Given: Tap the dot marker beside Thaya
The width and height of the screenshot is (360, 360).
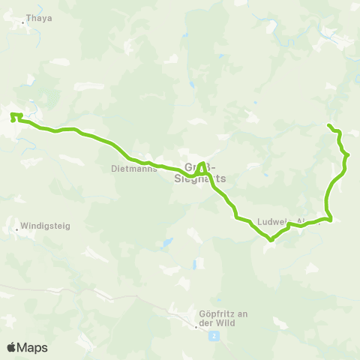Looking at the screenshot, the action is click(x=23, y=22).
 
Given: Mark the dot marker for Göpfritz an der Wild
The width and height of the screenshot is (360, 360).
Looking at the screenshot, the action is click(x=196, y=326).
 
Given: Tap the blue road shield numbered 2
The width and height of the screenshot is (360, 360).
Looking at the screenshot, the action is click(x=214, y=335).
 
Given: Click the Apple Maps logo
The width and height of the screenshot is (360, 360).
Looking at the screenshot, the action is click(x=27, y=347).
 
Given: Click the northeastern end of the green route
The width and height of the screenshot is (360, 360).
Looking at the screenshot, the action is click(x=329, y=124).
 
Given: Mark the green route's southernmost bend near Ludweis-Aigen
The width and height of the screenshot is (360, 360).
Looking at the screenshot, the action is click(x=270, y=240).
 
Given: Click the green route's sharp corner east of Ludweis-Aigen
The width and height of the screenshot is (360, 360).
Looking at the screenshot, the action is click(x=331, y=220).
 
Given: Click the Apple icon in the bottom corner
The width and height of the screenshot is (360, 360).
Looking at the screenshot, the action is click(x=11, y=347).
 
